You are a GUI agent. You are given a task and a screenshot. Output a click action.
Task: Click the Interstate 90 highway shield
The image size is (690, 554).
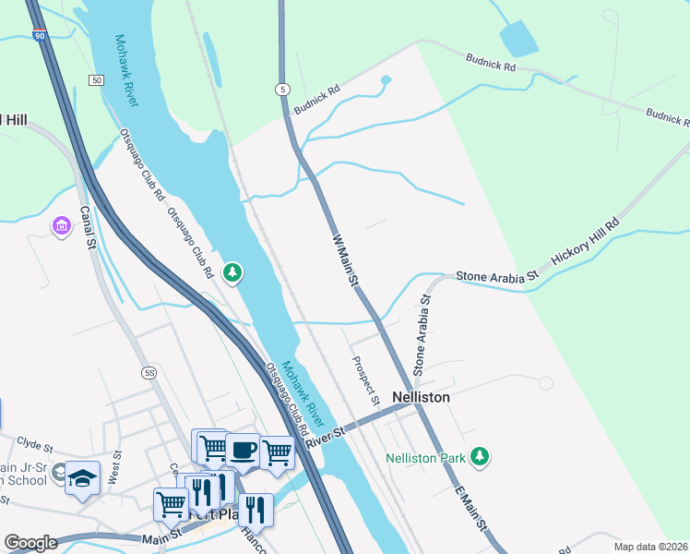[x=38, y=35]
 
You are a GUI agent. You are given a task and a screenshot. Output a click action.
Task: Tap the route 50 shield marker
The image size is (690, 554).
[x=96, y=81]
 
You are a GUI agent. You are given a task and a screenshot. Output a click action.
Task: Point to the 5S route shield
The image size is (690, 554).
[x=149, y=372]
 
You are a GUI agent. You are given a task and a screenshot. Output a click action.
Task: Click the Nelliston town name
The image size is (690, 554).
[x=421, y=397]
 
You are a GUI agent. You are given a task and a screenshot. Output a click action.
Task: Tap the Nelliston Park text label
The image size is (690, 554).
[x=425, y=457]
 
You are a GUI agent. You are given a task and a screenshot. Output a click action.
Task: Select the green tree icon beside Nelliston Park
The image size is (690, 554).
[x=479, y=456]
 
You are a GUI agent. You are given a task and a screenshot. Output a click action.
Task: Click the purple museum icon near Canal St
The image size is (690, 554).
[x=62, y=226]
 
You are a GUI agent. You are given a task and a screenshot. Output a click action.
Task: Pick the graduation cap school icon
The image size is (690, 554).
[x=83, y=478]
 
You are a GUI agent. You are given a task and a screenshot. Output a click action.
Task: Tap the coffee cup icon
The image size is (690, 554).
[x=243, y=450]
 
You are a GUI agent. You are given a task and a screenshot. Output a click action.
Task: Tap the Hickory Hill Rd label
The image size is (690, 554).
[x=586, y=243]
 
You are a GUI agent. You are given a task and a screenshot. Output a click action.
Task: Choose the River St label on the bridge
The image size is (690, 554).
[x=327, y=431]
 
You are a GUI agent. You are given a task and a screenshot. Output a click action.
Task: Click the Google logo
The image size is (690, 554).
[x=30, y=543]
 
